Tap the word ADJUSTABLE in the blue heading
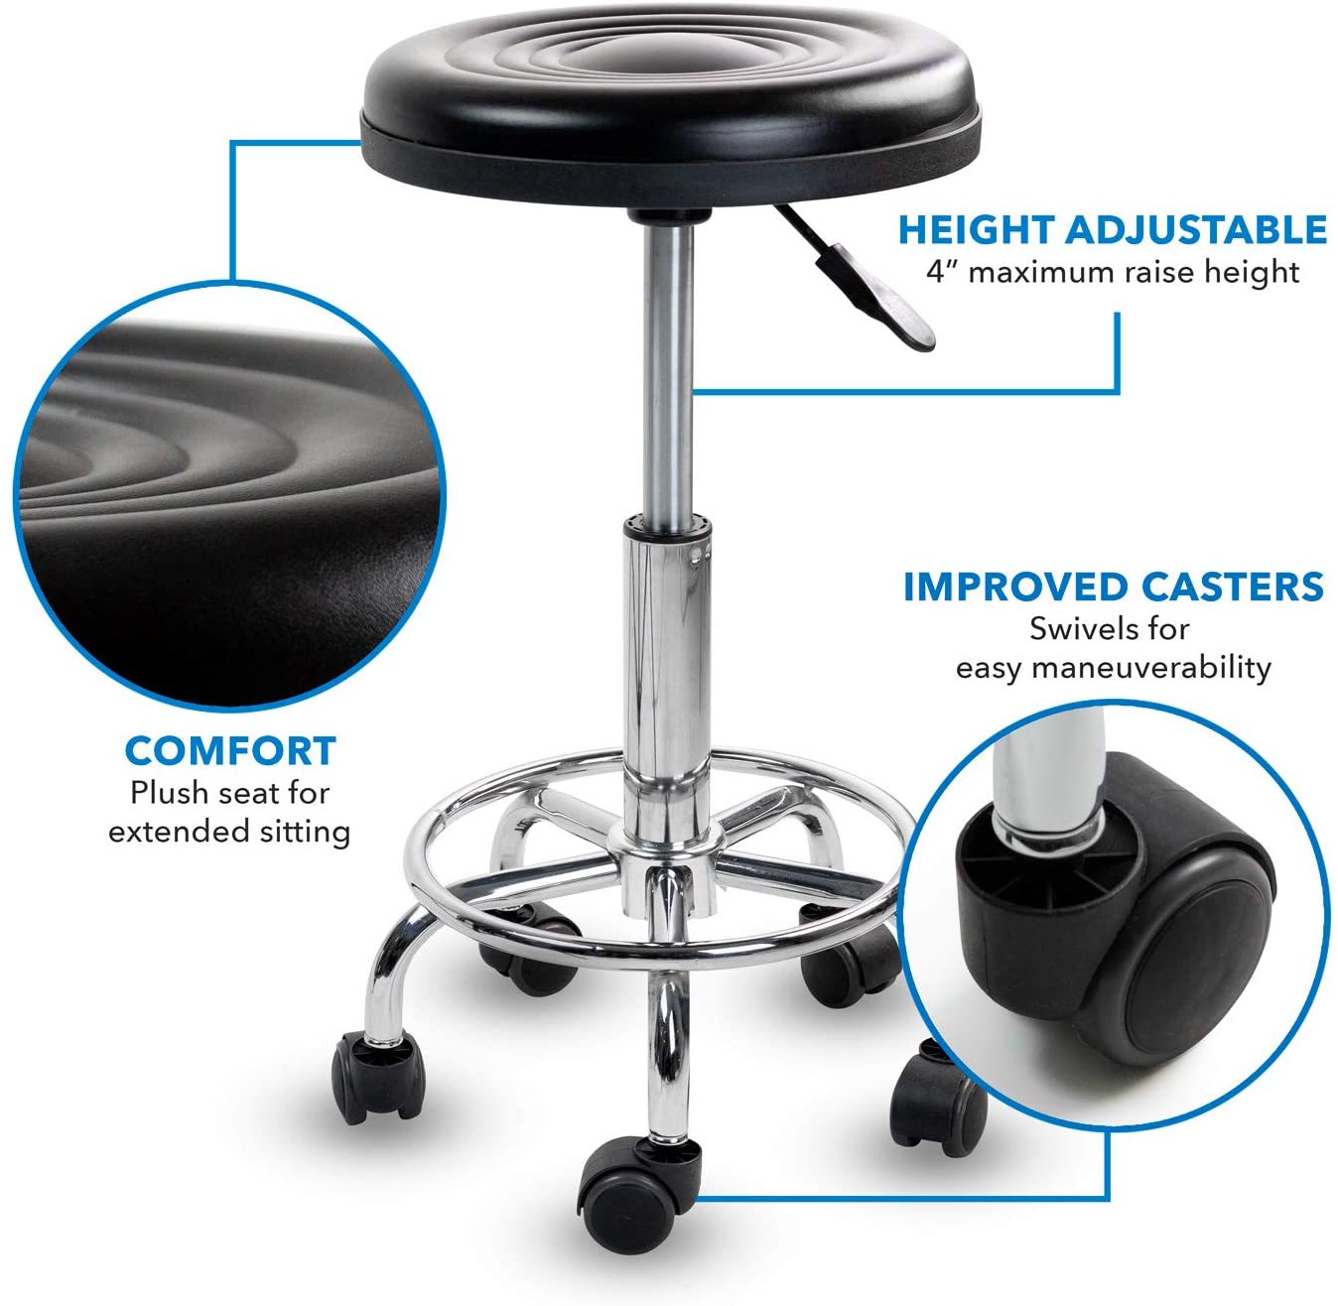coord(1195,229)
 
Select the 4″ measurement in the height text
coord(941,271)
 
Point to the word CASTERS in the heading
coord(1232,587)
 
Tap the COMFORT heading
coord(230,751)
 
